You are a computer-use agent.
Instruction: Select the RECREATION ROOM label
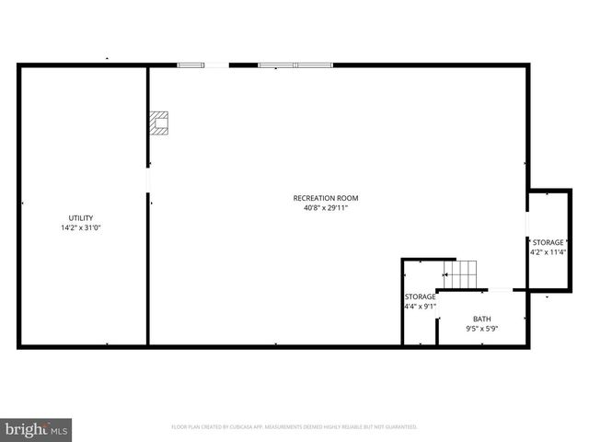coord(325,198)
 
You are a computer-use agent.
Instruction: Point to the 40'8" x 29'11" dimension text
coord(325,208)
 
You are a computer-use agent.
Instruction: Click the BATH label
coord(482,318)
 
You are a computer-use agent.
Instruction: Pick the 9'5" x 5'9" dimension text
coord(482,328)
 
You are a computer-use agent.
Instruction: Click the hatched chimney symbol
coord(162,123)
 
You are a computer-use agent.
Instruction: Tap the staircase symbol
coord(460,273)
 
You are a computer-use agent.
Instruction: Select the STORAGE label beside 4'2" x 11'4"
coord(549,242)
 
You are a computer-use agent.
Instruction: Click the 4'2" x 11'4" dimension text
coord(549,251)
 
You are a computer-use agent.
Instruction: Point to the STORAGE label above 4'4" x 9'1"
coord(420,297)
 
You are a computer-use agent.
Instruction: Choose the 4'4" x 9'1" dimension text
coord(420,307)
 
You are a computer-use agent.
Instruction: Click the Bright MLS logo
coord(37,429)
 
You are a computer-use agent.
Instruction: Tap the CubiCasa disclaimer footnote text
coord(294,427)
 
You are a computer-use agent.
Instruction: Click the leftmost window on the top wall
coord(191,64)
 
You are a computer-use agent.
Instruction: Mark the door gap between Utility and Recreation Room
coord(147,180)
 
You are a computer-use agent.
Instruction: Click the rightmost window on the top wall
coord(314,64)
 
